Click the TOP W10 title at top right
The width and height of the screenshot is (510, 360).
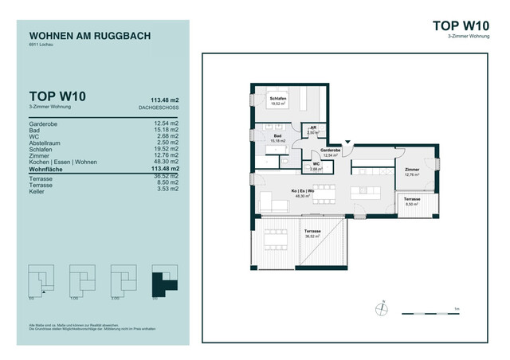pyautogui.click(x=460, y=25)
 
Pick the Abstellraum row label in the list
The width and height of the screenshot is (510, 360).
pyautogui.click(x=48, y=142)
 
